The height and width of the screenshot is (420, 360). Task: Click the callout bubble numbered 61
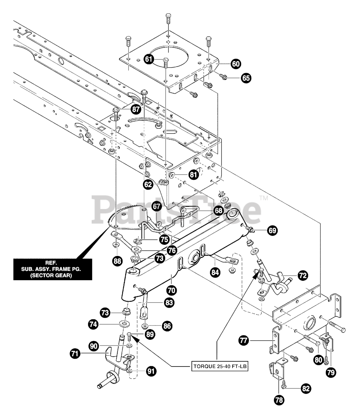click(x=149, y=59)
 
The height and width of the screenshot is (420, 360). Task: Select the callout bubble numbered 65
click(x=246, y=78)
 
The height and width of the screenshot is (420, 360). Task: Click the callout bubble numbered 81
click(x=193, y=174)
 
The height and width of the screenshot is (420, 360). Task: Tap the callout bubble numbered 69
click(x=272, y=231)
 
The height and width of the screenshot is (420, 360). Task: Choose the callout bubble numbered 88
click(x=117, y=261)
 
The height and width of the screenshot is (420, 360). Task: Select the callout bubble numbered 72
click(x=303, y=276)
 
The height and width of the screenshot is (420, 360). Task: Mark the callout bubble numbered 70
click(x=171, y=290)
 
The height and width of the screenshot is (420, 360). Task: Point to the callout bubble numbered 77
click(x=243, y=341)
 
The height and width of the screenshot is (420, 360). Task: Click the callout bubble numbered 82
click(x=305, y=388)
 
